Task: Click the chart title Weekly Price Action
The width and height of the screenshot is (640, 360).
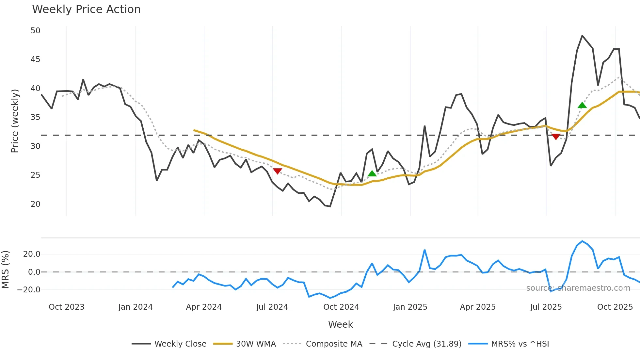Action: tap(86, 9)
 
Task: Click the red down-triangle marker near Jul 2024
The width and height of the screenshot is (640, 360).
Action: tap(277, 171)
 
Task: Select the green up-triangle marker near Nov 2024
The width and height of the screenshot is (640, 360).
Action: tap(372, 173)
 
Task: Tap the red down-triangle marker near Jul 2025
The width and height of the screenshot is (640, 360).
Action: tap(556, 137)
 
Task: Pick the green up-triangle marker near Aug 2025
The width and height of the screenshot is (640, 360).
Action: tap(582, 105)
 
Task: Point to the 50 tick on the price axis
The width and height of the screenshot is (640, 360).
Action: tap(35, 31)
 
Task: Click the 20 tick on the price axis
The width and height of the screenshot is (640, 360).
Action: tap(35, 204)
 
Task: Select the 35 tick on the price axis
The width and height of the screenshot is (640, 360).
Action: tap(35, 117)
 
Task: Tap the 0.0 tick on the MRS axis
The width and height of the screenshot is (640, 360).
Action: tap(34, 272)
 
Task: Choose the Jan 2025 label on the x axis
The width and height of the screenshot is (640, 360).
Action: tap(410, 307)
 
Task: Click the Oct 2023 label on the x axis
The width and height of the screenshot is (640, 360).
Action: tap(67, 307)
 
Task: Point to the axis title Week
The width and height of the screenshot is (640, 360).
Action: tap(340, 324)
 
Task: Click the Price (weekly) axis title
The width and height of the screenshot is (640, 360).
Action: tap(15, 121)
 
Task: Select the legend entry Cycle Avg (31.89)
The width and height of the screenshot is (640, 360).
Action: tap(426, 344)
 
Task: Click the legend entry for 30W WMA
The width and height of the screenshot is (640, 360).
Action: tap(256, 344)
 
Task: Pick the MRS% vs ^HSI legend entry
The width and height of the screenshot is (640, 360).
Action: tap(520, 344)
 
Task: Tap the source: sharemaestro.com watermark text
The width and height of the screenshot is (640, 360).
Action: tap(578, 288)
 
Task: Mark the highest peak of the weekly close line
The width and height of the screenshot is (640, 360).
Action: tap(582, 36)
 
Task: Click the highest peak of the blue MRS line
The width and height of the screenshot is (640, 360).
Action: tap(582, 241)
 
